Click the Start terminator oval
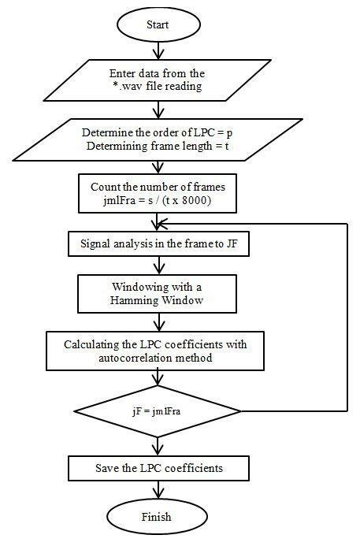158,25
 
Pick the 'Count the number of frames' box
158,192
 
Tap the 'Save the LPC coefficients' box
158,468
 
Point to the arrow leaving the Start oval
158,50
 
